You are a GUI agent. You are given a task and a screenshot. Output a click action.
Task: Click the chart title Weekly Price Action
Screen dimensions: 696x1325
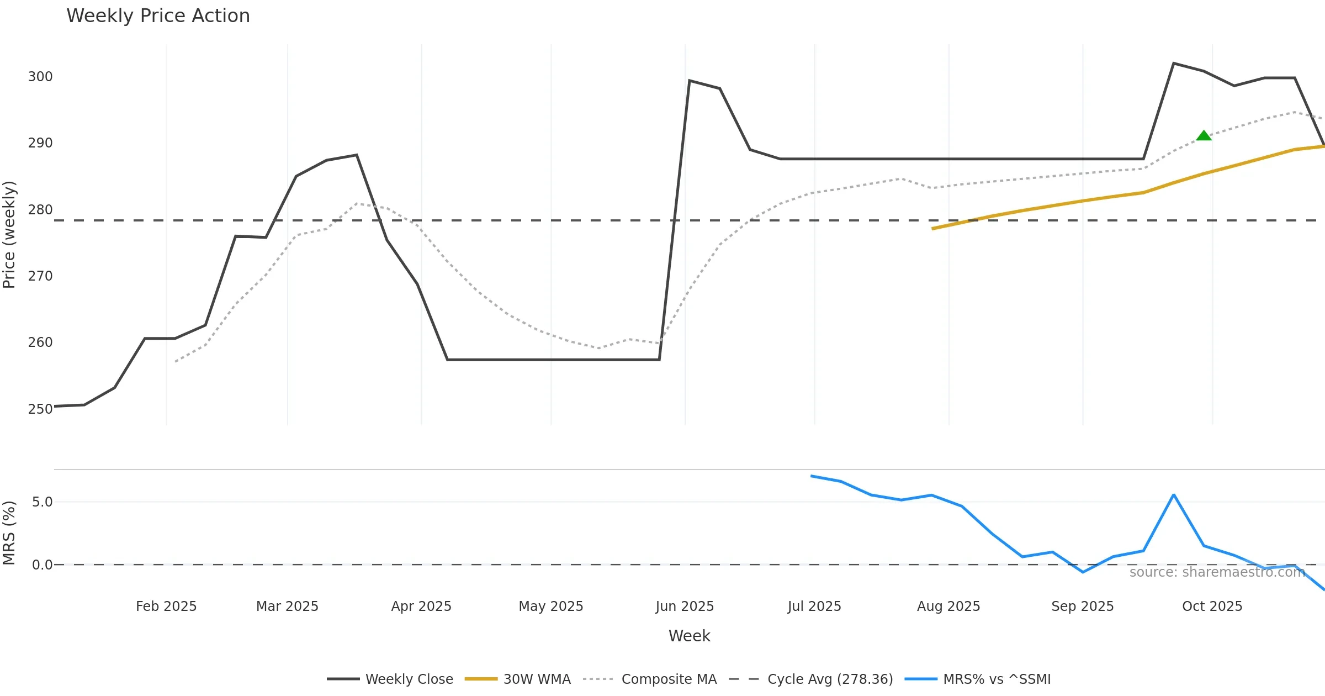pos(158,16)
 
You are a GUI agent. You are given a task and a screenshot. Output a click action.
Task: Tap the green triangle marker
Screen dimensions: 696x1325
pos(1204,136)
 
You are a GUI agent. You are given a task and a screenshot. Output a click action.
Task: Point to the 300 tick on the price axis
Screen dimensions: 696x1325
pos(40,77)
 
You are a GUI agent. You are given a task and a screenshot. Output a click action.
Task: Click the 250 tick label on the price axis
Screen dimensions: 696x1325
pos(40,409)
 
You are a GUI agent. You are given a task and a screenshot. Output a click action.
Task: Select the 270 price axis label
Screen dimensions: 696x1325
pos(40,276)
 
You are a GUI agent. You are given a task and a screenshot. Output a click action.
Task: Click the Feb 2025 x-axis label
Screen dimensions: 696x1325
pos(166,607)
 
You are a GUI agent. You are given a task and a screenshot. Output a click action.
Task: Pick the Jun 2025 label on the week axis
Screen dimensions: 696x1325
pos(685,607)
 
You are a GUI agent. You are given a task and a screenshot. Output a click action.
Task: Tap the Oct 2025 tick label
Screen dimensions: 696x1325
pos(1212,607)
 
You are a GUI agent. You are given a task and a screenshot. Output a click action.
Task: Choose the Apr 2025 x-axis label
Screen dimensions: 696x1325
pos(421,607)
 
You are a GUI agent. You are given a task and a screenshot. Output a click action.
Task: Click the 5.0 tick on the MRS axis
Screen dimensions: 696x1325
pos(42,502)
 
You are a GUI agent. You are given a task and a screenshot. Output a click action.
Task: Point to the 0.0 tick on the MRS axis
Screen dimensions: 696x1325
pos(42,565)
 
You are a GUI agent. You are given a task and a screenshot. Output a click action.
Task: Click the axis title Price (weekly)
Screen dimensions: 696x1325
pos(9,235)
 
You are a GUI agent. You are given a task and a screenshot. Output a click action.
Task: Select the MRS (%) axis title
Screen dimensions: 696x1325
pos(9,533)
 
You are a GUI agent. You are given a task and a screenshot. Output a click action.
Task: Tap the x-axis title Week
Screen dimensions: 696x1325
pos(689,636)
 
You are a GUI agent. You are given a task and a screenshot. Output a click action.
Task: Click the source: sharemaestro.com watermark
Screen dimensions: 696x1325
pos(1217,572)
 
